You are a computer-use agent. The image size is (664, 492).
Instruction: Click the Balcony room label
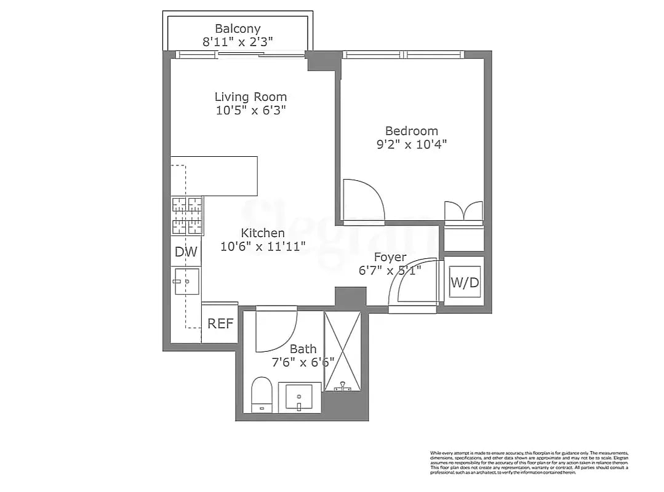pyautogui.click(x=238, y=28)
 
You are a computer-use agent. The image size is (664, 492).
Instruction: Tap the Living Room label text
pyautogui.click(x=250, y=97)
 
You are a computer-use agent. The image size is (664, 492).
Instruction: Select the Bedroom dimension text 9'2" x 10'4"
pyautogui.click(x=411, y=145)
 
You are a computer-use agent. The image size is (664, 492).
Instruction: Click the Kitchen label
pyautogui.click(x=262, y=233)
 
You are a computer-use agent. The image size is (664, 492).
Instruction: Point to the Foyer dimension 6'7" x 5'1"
pyautogui.click(x=390, y=271)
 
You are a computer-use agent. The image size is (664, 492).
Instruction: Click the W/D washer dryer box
pyautogui.click(x=465, y=283)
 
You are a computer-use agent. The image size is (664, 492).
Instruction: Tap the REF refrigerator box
pyautogui.click(x=220, y=323)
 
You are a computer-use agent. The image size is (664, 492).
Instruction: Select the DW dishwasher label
pyautogui.click(x=186, y=252)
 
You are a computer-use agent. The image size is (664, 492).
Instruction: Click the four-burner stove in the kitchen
pyautogui.click(x=187, y=216)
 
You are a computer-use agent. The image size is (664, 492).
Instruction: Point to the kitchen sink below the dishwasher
pyautogui.click(x=186, y=282)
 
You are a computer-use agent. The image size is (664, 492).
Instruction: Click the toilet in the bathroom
pyautogui.click(x=262, y=394)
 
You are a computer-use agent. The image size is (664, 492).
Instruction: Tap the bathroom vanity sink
pyautogui.click(x=300, y=397)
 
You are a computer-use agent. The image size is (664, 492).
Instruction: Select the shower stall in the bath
pyautogui.click(x=342, y=351)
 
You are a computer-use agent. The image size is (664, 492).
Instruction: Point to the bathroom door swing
pyautogui.click(x=276, y=331)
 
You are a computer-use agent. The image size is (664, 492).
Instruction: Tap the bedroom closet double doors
pyautogui.click(x=464, y=210)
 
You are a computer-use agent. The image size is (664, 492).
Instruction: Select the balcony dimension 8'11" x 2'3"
pyautogui.click(x=238, y=42)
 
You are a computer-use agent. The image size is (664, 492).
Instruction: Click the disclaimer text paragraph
pyautogui.click(x=529, y=462)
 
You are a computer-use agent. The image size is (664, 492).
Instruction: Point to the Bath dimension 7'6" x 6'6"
pyautogui.click(x=303, y=362)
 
